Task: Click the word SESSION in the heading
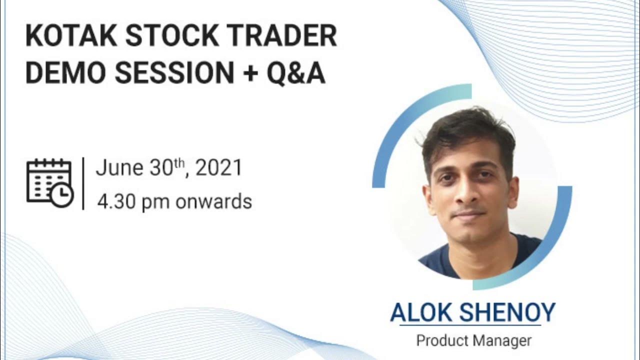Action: click(174, 73)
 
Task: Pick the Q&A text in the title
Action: click(296, 73)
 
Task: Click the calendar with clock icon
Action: click(49, 183)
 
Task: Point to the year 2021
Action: click(218, 168)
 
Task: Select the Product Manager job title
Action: click(473, 341)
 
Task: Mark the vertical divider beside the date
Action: click(83, 183)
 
